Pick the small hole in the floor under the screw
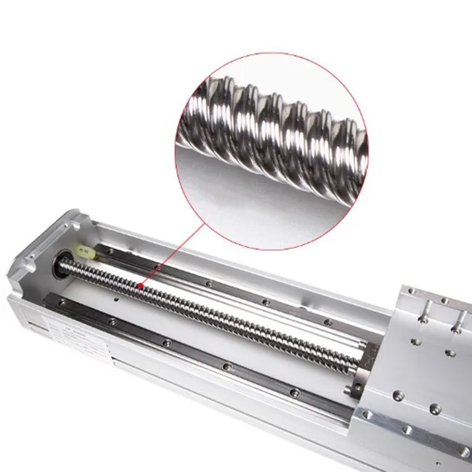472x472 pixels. point(116,298)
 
